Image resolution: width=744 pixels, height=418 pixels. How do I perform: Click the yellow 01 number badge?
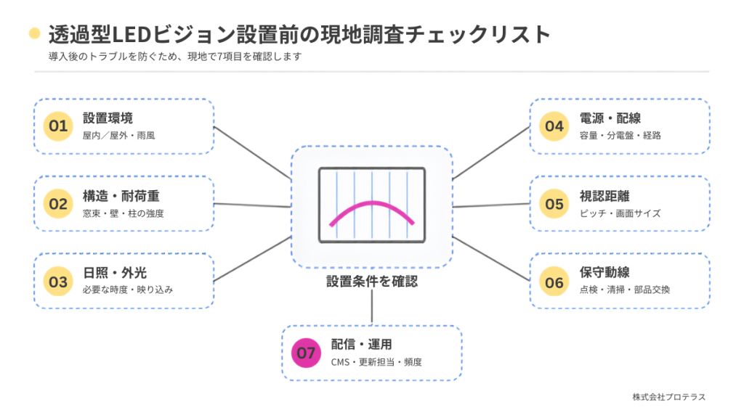[58, 126]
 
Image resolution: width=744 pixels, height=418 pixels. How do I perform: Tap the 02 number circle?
[58, 204]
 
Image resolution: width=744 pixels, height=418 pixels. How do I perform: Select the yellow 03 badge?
[58, 282]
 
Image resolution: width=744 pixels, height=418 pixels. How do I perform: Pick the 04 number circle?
[554, 126]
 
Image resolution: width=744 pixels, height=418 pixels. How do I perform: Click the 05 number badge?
[554, 204]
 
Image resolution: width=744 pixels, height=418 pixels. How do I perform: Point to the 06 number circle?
[554, 282]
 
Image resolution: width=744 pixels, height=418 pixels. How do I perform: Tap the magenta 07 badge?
[306, 353]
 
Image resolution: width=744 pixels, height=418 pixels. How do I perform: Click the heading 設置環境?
[108, 118]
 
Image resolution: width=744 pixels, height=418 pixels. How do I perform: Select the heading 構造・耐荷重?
[121, 196]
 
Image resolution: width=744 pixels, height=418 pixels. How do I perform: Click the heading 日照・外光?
[115, 273]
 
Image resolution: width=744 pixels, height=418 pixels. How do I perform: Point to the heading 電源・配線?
[610, 118]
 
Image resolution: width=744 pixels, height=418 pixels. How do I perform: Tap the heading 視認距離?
[604, 196]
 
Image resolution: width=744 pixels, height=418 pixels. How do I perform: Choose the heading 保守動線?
[604, 273]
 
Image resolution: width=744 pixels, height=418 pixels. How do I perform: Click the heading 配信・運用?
[362, 345]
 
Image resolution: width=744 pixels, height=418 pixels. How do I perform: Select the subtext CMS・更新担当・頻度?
[376, 362]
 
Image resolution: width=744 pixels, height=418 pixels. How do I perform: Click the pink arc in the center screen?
[372, 203]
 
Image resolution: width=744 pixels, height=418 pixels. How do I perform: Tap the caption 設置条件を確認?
[372, 282]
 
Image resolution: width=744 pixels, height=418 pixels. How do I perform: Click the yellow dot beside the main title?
[35, 33]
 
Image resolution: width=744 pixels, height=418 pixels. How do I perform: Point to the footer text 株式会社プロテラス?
[669, 397]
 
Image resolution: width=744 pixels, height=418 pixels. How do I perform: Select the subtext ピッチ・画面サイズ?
[620, 213]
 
